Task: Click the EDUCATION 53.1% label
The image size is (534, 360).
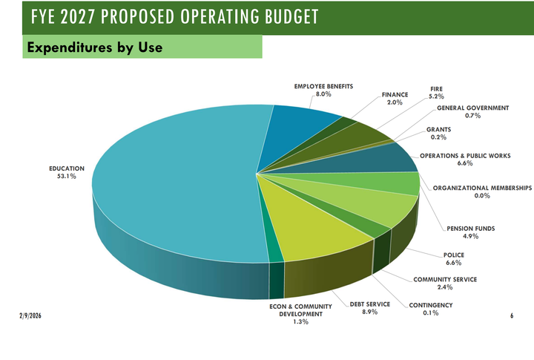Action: click(67, 172)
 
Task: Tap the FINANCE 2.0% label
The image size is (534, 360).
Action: click(395, 99)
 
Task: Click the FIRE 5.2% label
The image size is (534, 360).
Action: click(437, 93)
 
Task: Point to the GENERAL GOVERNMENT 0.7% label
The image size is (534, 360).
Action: click(472, 112)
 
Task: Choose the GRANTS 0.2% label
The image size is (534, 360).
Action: click(438, 134)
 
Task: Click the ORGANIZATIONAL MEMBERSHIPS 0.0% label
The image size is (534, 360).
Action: click(482, 192)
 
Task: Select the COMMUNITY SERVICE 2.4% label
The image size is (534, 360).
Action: click(445, 283)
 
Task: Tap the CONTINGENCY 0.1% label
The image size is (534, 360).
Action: click(430, 309)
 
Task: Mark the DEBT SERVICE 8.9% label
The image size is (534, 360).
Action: click(364, 308)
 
